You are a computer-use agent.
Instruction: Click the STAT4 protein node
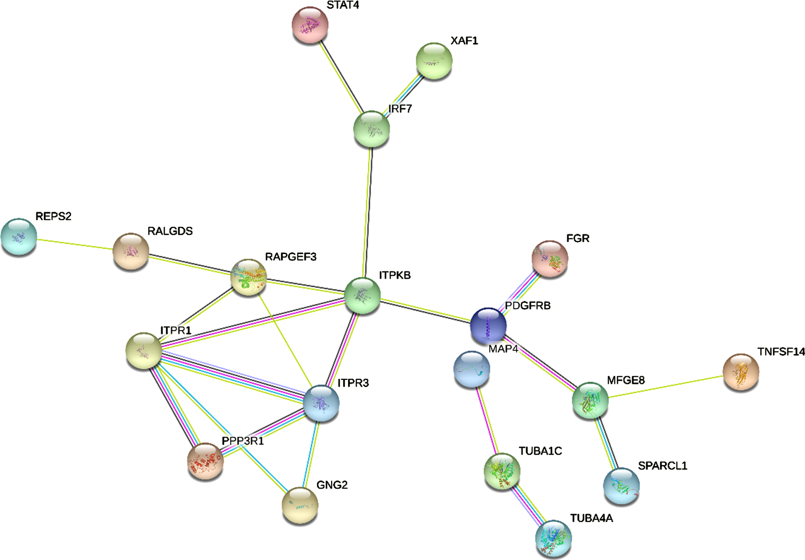pos(310,25)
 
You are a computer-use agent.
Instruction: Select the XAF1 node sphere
pos(434,61)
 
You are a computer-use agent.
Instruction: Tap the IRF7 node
pos(371,129)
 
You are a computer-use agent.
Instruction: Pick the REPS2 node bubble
pos(19,236)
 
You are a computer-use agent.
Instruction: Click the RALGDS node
pos(131,251)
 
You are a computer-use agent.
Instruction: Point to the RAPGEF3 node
pos(248,277)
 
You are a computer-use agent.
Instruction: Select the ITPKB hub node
pos(363,295)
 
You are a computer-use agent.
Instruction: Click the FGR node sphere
pos(550,259)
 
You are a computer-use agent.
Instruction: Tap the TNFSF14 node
pos(741,372)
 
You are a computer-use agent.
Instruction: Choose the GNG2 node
pos(300,506)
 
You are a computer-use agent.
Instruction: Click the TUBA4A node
pos(553,539)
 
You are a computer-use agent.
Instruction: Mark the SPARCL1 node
pos(621,486)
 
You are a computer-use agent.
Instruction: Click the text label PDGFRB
pos(528,306)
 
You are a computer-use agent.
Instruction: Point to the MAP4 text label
pos(503,349)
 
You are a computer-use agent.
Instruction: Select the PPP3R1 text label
pos(243,441)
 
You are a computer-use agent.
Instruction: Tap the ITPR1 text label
pos(176,330)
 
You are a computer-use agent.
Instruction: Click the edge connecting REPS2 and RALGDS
pos(75,244)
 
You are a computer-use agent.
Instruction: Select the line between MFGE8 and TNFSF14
pos(666,387)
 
